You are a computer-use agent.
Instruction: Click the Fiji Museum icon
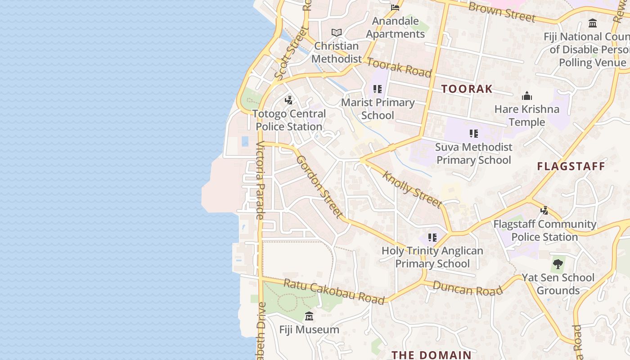(309, 316)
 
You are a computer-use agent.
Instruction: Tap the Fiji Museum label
(309, 329)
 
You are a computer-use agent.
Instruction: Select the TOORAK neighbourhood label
(467, 89)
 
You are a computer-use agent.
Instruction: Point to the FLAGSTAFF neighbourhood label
(571, 166)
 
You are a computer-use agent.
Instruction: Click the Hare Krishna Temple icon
(527, 96)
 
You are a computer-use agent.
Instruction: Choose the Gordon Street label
(320, 187)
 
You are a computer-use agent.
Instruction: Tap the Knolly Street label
(412, 189)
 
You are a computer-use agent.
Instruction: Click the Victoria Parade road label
(261, 180)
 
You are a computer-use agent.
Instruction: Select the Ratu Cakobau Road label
(333, 292)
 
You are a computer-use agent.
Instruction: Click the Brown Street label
(502, 12)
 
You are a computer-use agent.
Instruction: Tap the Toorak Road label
(399, 67)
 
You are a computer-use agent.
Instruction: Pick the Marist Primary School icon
(378, 89)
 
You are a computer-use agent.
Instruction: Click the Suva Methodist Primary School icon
(473, 134)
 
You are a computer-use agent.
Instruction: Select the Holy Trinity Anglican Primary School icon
(432, 238)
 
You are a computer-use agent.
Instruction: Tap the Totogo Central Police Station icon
(289, 100)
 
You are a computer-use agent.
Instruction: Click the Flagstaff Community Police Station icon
(544, 210)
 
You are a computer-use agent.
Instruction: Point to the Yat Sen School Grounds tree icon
(558, 264)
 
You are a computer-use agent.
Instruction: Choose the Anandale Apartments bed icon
(395, 8)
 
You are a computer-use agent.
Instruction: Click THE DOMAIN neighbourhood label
(431, 355)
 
